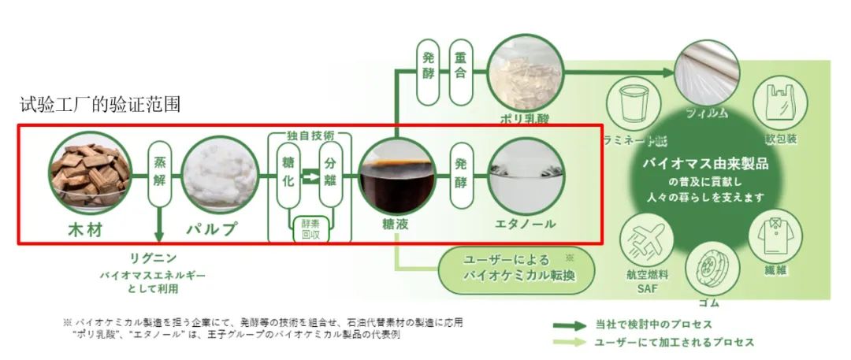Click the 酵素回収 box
coord(310,228)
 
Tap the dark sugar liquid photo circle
coord(396,174)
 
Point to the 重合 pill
coord(461,72)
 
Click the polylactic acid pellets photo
coord(524,74)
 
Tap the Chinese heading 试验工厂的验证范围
coord(102,105)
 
